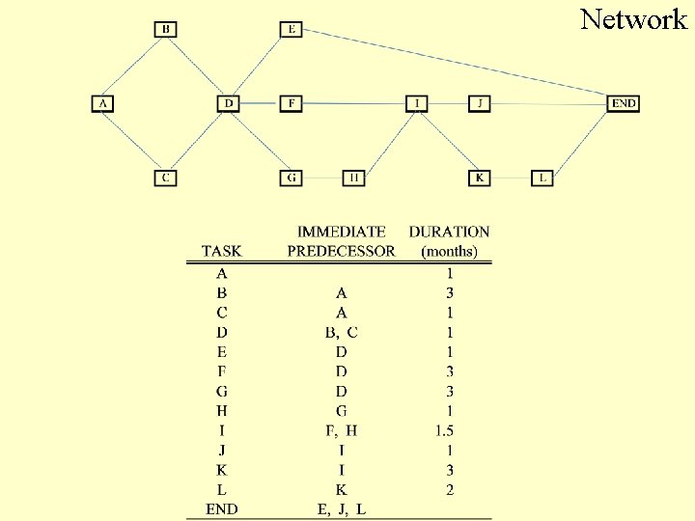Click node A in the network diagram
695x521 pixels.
click(x=102, y=103)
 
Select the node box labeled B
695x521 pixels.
click(x=166, y=29)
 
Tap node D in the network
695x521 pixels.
click(x=229, y=103)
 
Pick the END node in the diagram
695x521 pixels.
click(x=624, y=103)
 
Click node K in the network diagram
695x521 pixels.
click(x=480, y=178)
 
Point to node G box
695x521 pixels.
click(x=292, y=178)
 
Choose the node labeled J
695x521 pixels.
click(x=480, y=103)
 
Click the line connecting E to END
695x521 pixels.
click(x=454, y=65)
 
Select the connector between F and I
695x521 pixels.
click(x=353, y=103)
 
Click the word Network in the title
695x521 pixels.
click(x=633, y=18)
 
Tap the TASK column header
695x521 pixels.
click(x=221, y=252)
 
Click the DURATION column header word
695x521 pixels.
click(x=449, y=232)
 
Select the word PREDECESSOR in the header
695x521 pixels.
click(x=341, y=252)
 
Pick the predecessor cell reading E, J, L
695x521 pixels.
click(x=341, y=508)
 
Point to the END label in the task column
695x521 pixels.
click(x=222, y=508)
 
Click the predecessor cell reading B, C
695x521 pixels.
click(x=341, y=333)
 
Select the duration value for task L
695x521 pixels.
click(x=449, y=489)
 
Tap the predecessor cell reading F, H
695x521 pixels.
click(x=341, y=430)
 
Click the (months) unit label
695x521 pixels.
click(x=449, y=252)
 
